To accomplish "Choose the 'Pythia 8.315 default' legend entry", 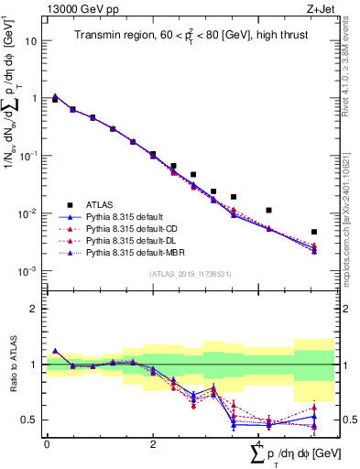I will [128, 216].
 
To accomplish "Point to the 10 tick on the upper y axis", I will [33, 41].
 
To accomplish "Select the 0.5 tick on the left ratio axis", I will [32, 420].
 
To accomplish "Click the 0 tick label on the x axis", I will [47, 444].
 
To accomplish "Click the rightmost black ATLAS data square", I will [314, 232].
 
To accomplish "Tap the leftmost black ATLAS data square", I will [55, 99].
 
